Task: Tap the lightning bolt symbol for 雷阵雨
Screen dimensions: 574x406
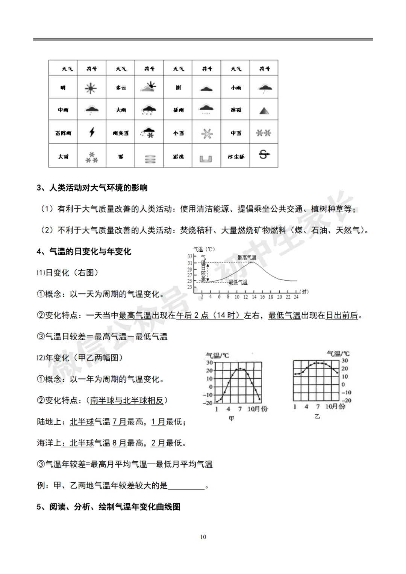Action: (x=92, y=132)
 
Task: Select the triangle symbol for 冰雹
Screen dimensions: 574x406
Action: (x=264, y=111)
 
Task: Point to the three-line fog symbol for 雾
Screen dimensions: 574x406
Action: (x=150, y=159)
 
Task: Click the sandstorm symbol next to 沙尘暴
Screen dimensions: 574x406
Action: (x=264, y=154)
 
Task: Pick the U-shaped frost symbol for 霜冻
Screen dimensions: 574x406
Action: (x=206, y=159)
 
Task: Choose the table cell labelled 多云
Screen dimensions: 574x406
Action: (x=121, y=88)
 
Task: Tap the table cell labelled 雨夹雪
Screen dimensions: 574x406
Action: (x=121, y=133)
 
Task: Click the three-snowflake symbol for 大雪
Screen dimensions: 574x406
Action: (x=92, y=157)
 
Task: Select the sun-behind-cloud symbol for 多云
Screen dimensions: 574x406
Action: (x=148, y=87)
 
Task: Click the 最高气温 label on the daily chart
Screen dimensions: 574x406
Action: (x=247, y=257)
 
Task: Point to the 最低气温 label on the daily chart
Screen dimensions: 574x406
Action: (x=238, y=282)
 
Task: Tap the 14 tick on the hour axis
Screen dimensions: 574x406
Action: (x=254, y=297)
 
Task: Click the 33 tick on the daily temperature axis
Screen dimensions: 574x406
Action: (x=190, y=257)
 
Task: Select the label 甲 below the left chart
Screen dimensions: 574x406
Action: (x=232, y=418)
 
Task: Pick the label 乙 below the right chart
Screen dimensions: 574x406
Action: (x=317, y=416)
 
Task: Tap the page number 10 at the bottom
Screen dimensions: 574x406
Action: (x=203, y=537)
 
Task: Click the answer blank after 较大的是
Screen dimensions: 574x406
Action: (x=186, y=486)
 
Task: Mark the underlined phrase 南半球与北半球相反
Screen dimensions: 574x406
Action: (x=127, y=400)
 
